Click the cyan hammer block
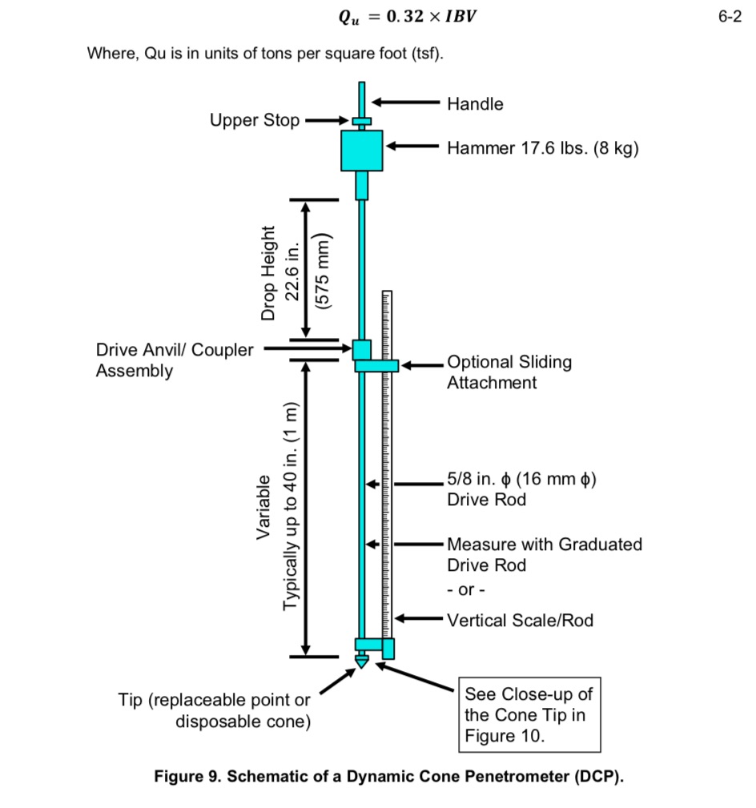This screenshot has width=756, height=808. click(362, 151)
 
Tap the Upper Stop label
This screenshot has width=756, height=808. click(255, 121)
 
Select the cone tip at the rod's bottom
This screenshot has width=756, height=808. click(361, 661)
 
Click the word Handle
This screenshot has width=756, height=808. click(475, 104)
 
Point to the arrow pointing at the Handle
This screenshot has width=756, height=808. click(404, 103)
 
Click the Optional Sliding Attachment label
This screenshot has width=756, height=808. click(509, 372)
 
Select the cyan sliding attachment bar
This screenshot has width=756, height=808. click(376, 365)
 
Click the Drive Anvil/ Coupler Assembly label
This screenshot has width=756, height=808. click(174, 360)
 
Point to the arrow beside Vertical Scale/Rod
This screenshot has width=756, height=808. click(418, 618)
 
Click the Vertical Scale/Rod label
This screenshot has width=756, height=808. click(520, 620)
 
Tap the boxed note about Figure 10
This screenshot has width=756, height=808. click(529, 715)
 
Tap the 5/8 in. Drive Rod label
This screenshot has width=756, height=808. click(521, 490)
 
